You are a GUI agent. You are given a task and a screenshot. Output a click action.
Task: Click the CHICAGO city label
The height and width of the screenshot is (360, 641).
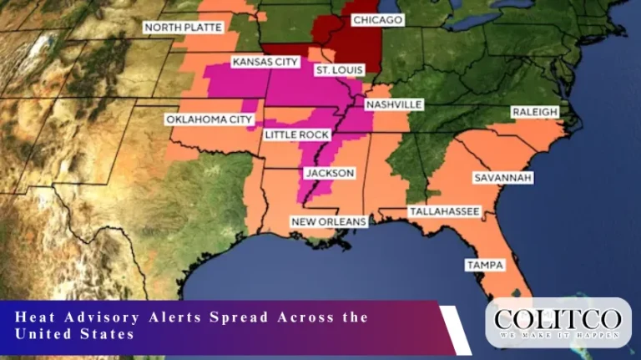[377, 19]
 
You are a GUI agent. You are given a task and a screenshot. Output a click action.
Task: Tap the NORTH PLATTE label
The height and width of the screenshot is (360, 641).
[184, 28]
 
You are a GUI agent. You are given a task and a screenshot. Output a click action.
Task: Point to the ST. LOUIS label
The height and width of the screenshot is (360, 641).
[339, 71]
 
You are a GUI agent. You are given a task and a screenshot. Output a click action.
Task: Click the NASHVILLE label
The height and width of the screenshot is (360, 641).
[394, 104]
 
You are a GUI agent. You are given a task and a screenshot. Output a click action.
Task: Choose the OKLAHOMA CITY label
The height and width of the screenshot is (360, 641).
[209, 119]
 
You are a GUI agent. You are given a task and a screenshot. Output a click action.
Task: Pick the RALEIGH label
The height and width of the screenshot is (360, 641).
[534, 112]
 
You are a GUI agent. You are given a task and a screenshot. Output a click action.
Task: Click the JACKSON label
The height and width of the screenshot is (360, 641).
[330, 173]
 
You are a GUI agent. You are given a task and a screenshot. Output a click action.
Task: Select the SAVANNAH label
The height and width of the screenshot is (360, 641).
[502, 178]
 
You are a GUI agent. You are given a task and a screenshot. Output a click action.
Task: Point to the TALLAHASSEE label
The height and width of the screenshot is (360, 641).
[444, 212]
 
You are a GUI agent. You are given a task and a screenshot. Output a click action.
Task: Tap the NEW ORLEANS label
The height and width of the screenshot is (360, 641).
[328, 221]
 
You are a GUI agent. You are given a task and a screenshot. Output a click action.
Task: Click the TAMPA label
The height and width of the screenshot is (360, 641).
[485, 265]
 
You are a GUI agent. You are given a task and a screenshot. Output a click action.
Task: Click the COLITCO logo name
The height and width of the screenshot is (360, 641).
[558, 318]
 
